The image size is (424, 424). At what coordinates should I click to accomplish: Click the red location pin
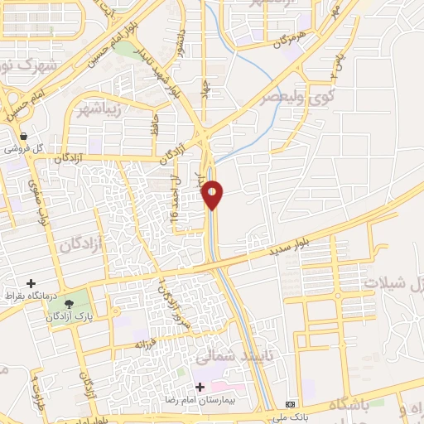point(213,195)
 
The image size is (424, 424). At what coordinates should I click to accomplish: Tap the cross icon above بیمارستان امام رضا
point(199,387)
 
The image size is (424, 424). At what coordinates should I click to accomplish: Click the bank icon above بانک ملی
point(289,403)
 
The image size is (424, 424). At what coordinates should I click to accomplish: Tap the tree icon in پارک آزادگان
point(66,301)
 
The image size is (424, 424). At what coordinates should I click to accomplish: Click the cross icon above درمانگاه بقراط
point(31,283)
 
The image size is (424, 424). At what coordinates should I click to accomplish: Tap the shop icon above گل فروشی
point(23,137)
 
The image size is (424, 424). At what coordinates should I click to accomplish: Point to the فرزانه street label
point(146,343)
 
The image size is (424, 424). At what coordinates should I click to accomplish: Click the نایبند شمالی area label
point(224,358)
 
